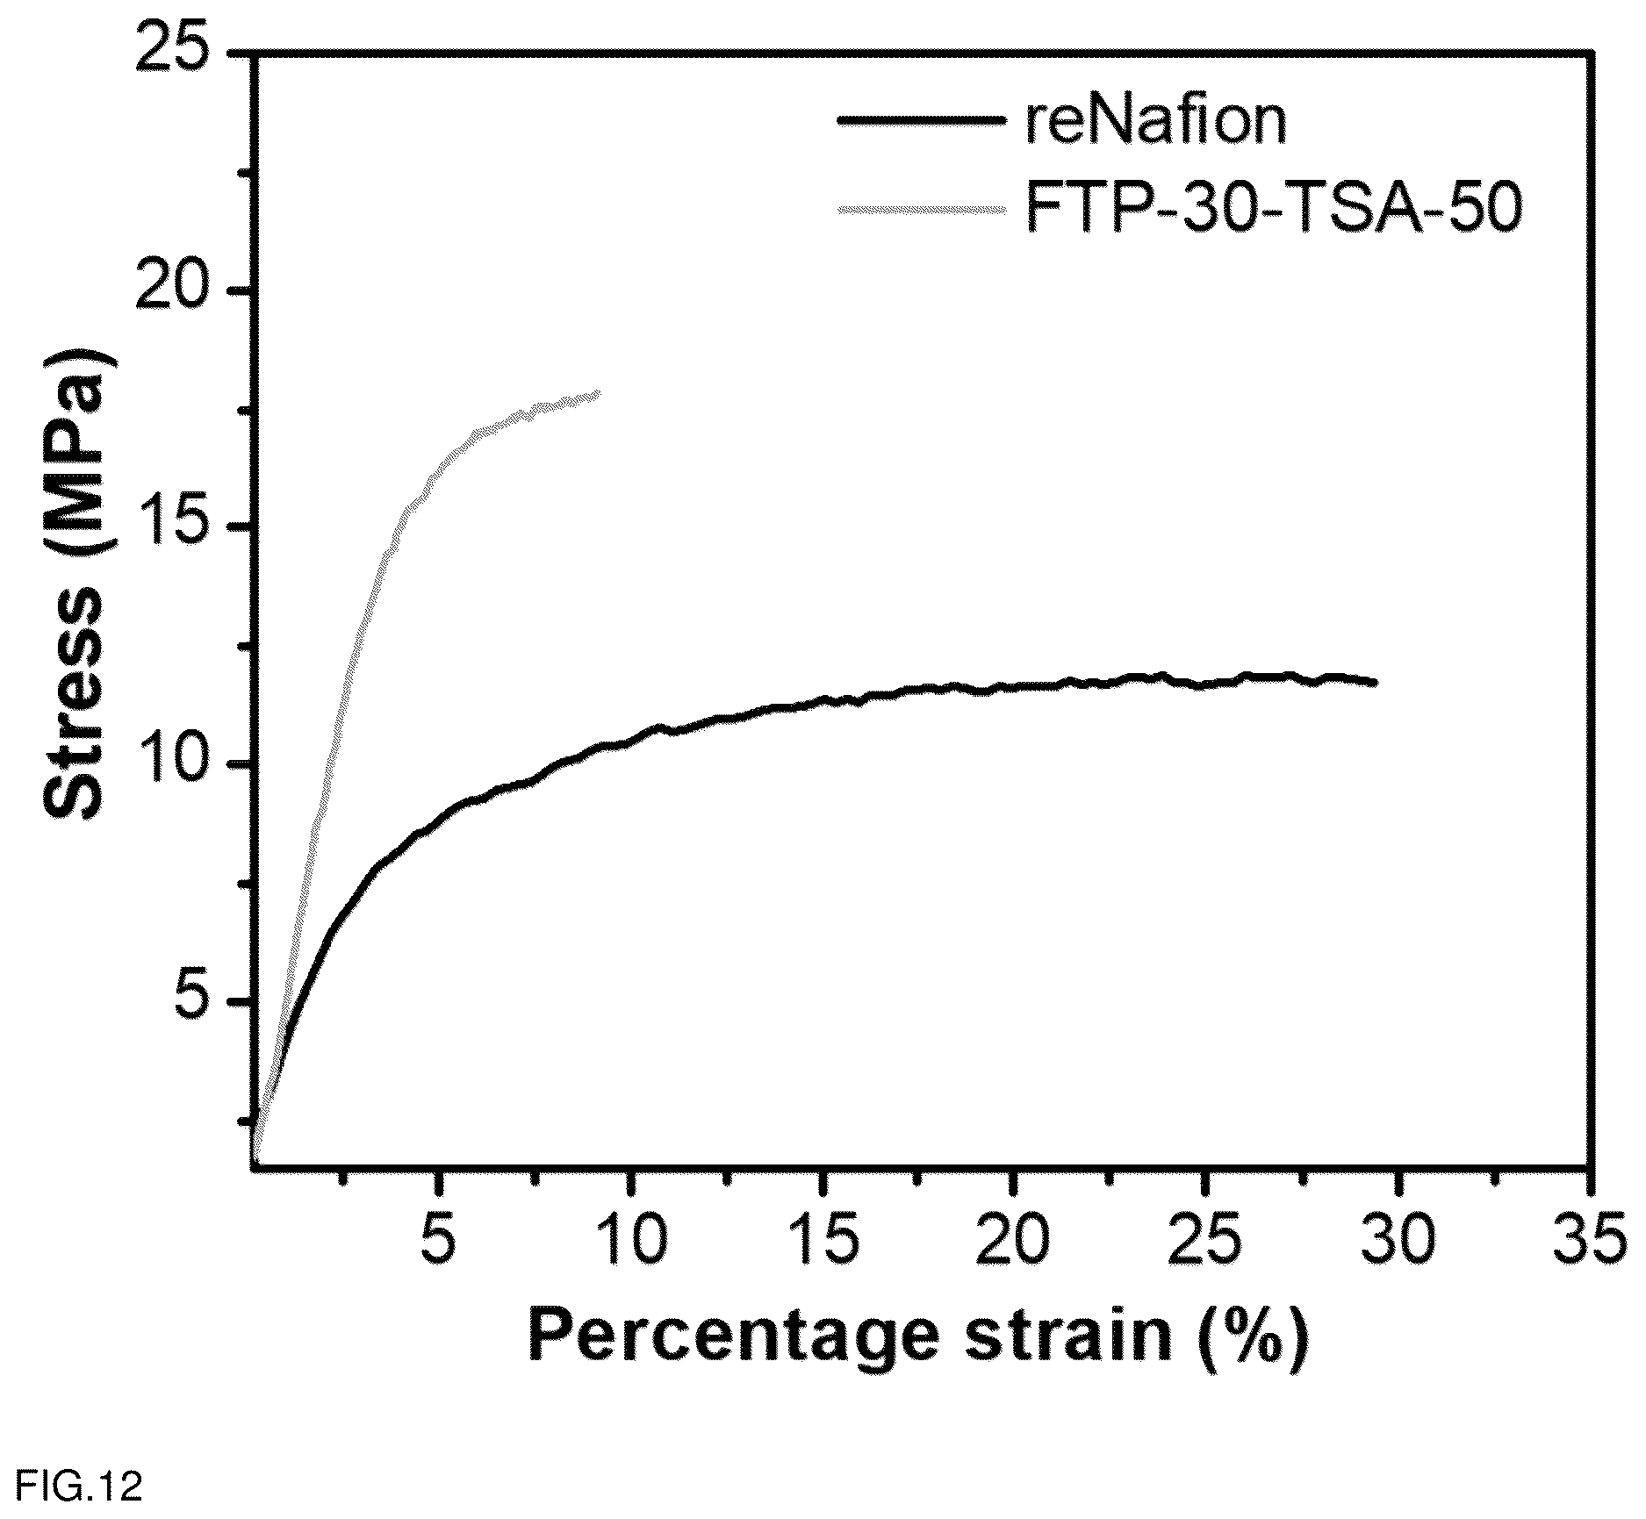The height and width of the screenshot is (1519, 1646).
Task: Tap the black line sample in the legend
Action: tap(921, 120)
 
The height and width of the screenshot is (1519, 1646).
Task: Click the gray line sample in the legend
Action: tap(921, 209)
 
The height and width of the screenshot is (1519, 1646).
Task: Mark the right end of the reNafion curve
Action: tap(1376, 682)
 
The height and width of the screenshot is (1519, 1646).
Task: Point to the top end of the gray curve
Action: tap(599, 393)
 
